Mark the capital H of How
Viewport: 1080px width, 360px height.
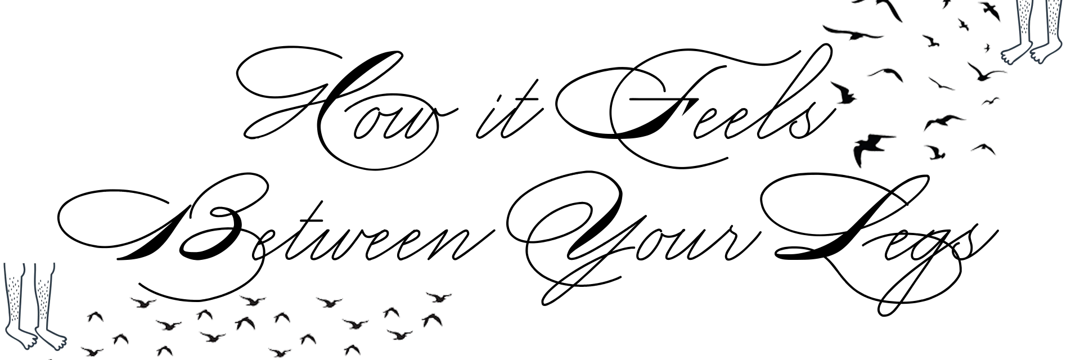pos(326,107)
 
